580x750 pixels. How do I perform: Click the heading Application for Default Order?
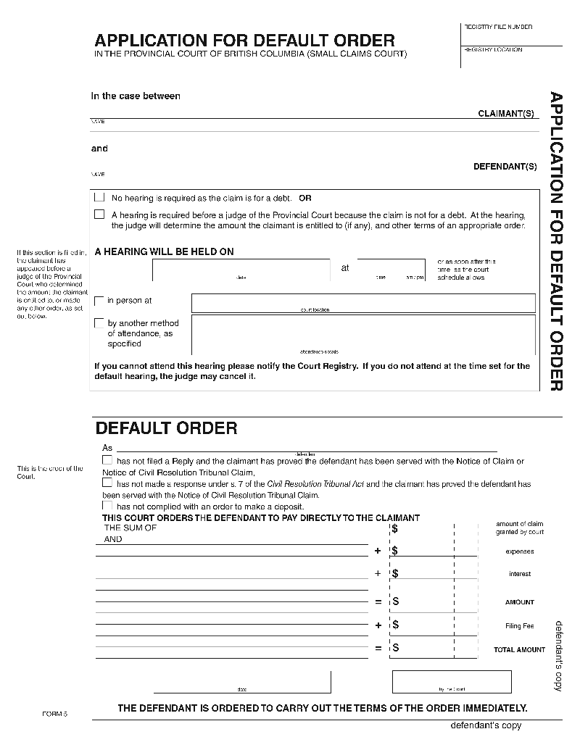click(244, 40)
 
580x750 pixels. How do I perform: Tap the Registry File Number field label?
click(498, 27)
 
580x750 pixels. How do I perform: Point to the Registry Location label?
click(493, 50)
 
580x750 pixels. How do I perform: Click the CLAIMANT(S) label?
click(507, 114)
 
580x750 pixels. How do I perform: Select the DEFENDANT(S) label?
click(505, 167)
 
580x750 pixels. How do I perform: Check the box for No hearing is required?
click(99, 197)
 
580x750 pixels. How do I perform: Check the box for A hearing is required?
click(99, 214)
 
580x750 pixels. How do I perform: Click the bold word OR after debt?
click(305, 198)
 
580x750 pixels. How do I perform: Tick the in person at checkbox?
click(99, 301)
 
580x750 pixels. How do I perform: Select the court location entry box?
click(363, 302)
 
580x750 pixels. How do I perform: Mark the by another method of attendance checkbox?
click(99, 323)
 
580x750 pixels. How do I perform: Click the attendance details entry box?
click(363, 334)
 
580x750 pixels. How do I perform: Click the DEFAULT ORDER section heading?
click(166, 428)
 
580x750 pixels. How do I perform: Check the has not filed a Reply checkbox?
click(107, 460)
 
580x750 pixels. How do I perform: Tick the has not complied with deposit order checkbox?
click(107, 506)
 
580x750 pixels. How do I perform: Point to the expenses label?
click(519, 551)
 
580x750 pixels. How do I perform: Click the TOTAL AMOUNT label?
click(519, 650)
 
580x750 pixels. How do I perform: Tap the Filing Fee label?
click(519, 626)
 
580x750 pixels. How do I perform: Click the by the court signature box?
click(451, 681)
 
